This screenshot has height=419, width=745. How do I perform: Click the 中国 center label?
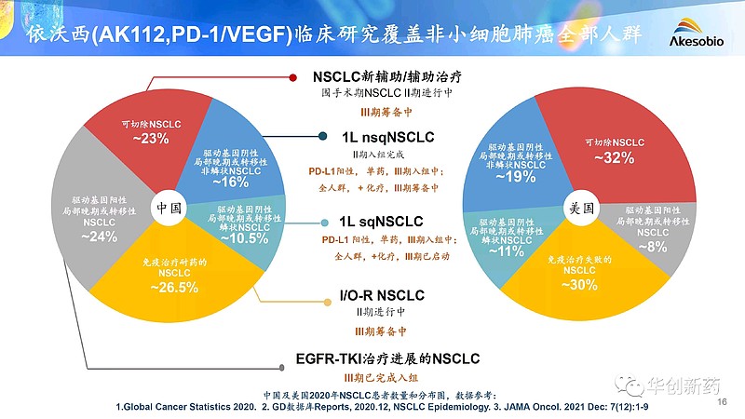click(169, 207)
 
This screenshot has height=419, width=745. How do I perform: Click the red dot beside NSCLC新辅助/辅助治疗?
click(291, 77)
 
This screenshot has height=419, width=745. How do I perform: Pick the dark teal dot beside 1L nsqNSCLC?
click(321, 137)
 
